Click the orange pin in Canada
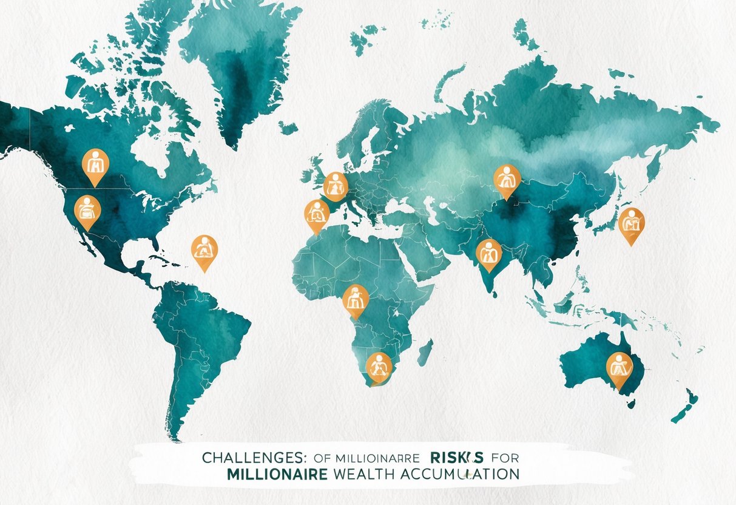[x=95, y=164]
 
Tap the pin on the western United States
[x=87, y=210]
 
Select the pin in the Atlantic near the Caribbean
[x=204, y=250]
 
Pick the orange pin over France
[x=335, y=185]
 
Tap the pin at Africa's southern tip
[x=379, y=366]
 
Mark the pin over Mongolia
[x=507, y=180]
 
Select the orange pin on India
[x=488, y=253]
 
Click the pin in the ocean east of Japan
[x=631, y=223]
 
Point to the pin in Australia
[x=619, y=367]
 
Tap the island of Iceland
[x=288, y=128]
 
